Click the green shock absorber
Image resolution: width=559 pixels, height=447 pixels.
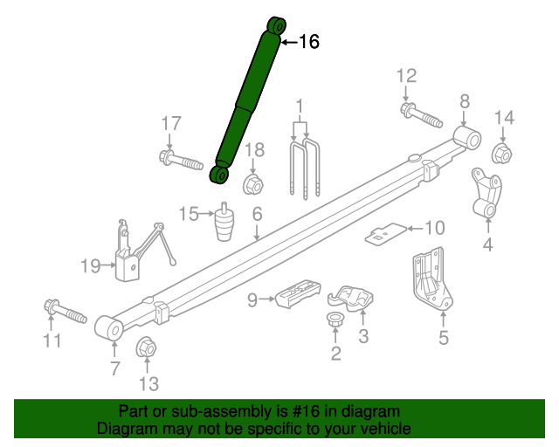tap(248, 100)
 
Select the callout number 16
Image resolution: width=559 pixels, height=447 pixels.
tap(309, 42)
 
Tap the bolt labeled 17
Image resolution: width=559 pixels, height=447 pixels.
tap(181, 160)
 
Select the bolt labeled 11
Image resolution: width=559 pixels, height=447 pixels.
tap(64, 310)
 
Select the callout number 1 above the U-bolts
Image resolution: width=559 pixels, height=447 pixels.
tap(300, 109)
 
